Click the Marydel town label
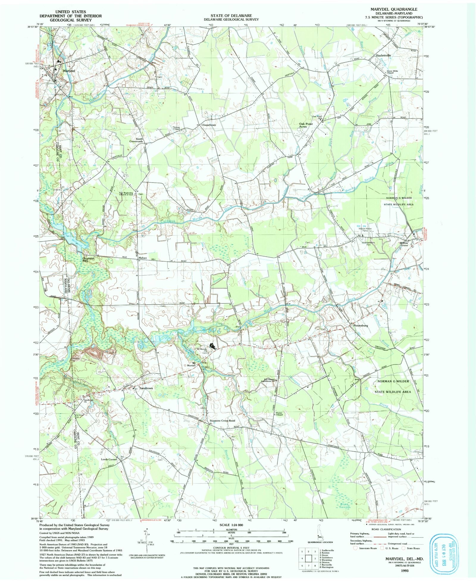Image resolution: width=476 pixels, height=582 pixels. click(69, 71)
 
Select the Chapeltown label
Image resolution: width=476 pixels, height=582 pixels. click(209, 125)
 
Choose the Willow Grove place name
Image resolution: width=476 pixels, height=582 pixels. click(404, 244)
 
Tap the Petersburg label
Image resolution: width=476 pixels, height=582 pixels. click(361, 326)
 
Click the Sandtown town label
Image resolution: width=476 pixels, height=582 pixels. click(146, 388)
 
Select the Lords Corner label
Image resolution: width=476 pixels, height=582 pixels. click(109, 459)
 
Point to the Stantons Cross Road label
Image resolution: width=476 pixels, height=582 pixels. click(222, 420)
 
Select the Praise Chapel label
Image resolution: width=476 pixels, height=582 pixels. click(279, 414)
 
